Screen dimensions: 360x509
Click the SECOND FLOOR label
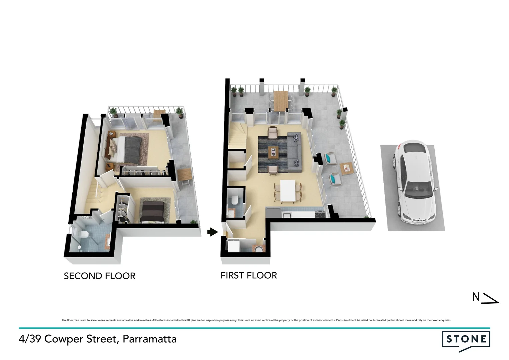point(99,276)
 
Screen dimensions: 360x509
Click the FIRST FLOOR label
point(249,275)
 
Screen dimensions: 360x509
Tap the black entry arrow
point(212,232)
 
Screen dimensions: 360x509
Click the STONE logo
point(466,339)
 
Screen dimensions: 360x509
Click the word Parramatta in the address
point(150,339)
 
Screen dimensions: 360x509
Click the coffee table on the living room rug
point(273,152)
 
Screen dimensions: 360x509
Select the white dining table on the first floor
point(288,191)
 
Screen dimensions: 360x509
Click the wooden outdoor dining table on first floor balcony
point(280,101)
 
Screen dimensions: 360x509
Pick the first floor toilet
point(235,200)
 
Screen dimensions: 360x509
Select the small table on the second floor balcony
point(184,174)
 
